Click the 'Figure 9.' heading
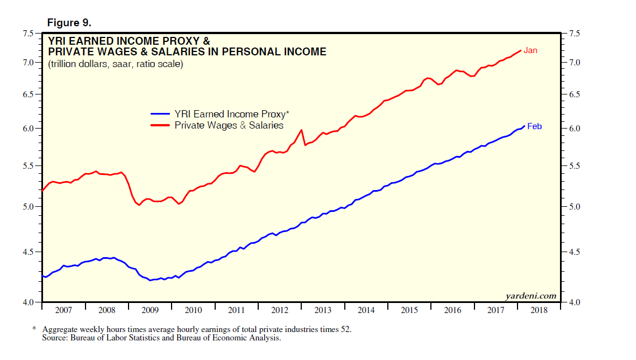tap(69, 23)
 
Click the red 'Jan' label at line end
tap(530, 50)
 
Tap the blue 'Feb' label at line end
tap(534, 126)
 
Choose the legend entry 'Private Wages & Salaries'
tap(229, 125)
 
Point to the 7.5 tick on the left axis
tap(27, 34)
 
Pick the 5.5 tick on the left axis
tap(27, 166)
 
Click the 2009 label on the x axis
tap(150, 310)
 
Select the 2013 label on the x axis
tap(323, 310)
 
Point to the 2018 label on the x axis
tap(539, 310)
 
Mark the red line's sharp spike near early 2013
tap(302, 130)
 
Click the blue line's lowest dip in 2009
tap(150, 280)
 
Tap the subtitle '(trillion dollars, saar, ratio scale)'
tap(115, 64)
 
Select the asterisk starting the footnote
tap(34, 330)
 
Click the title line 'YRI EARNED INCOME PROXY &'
tap(129, 41)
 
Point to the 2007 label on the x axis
tap(64, 310)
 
